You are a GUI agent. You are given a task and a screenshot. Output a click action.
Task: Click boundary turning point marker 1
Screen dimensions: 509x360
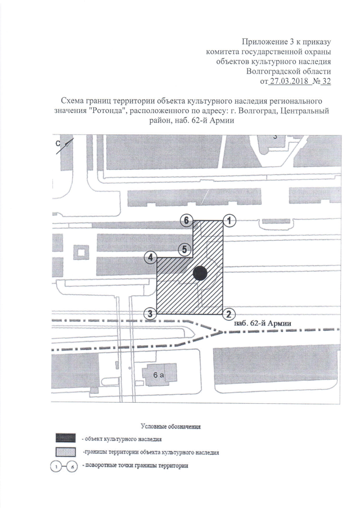pyautogui.click(x=229, y=221)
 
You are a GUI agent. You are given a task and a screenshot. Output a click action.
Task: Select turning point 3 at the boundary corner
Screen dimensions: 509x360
pyautogui.click(x=150, y=314)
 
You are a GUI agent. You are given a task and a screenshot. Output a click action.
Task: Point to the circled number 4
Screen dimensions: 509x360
pyautogui.click(x=150, y=258)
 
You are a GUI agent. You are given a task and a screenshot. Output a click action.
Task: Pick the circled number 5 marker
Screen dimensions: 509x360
pyautogui.click(x=183, y=249)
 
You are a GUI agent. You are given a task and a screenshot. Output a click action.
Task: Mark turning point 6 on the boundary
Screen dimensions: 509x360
pyautogui.click(x=186, y=221)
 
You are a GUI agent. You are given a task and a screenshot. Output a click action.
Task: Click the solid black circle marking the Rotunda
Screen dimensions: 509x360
pyautogui.click(x=200, y=273)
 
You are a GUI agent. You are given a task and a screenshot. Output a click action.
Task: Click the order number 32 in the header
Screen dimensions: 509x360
pyautogui.click(x=325, y=81)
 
